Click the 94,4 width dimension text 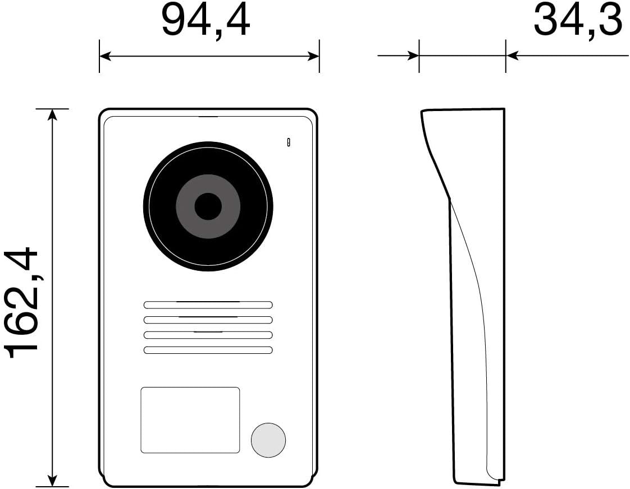pos(206,21)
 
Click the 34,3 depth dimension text pos(577,21)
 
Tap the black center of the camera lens pos(208,206)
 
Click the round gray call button pos(268,439)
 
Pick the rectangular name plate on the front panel pos(190,419)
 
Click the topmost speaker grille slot pos(208,305)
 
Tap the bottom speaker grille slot pos(208,350)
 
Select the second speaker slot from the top pos(208,320)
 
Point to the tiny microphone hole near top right pos(289,142)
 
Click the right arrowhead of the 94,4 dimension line pos(314,56)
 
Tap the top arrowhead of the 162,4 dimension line pos(52,114)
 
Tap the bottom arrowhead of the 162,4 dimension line pos(52,481)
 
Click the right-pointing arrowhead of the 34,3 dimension pos(414,56)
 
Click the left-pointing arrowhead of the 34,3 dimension pos(512,56)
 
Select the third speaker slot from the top pos(208,335)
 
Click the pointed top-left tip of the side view pos(422,112)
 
